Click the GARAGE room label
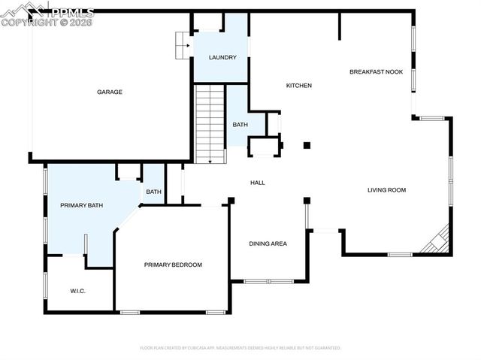[x=109, y=92]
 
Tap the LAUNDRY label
[x=222, y=58]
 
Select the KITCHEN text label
[x=298, y=86]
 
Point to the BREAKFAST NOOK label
[x=376, y=72]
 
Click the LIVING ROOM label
[x=386, y=190]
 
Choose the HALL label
[x=257, y=183]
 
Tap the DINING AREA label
[x=268, y=244]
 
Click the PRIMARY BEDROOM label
[x=173, y=265]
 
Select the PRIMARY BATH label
[x=81, y=205]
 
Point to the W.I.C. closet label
[x=79, y=291]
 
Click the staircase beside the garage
[x=210, y=124]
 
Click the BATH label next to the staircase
[x=240, y=125]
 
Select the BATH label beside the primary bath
[x=153, y=192]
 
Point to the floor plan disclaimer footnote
[x=240, y=348]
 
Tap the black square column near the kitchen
[x=306, y=145]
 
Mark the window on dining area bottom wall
[x=268, y=281]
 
